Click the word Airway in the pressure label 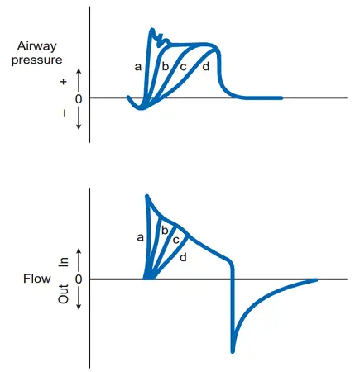[36, 46]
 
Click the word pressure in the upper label [37, 60]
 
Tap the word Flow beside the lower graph [37, 279]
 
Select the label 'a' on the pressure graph [138, 67]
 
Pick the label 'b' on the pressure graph [165, 66]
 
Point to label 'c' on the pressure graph [183, 67]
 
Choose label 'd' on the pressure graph [206, 66]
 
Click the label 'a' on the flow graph [140, 237]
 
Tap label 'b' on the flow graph [165, 231]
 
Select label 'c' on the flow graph [175, 240]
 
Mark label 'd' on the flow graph [183, 257]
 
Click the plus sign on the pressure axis [64, 82]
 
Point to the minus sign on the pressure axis [65, 113]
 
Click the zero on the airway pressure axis [79, 99]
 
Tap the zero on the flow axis [79, 279]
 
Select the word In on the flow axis [64, 262]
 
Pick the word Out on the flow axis [64, 294]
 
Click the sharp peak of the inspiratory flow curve [146, 196]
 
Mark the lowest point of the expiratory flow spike [233, 351]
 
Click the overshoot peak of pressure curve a [151, 29]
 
